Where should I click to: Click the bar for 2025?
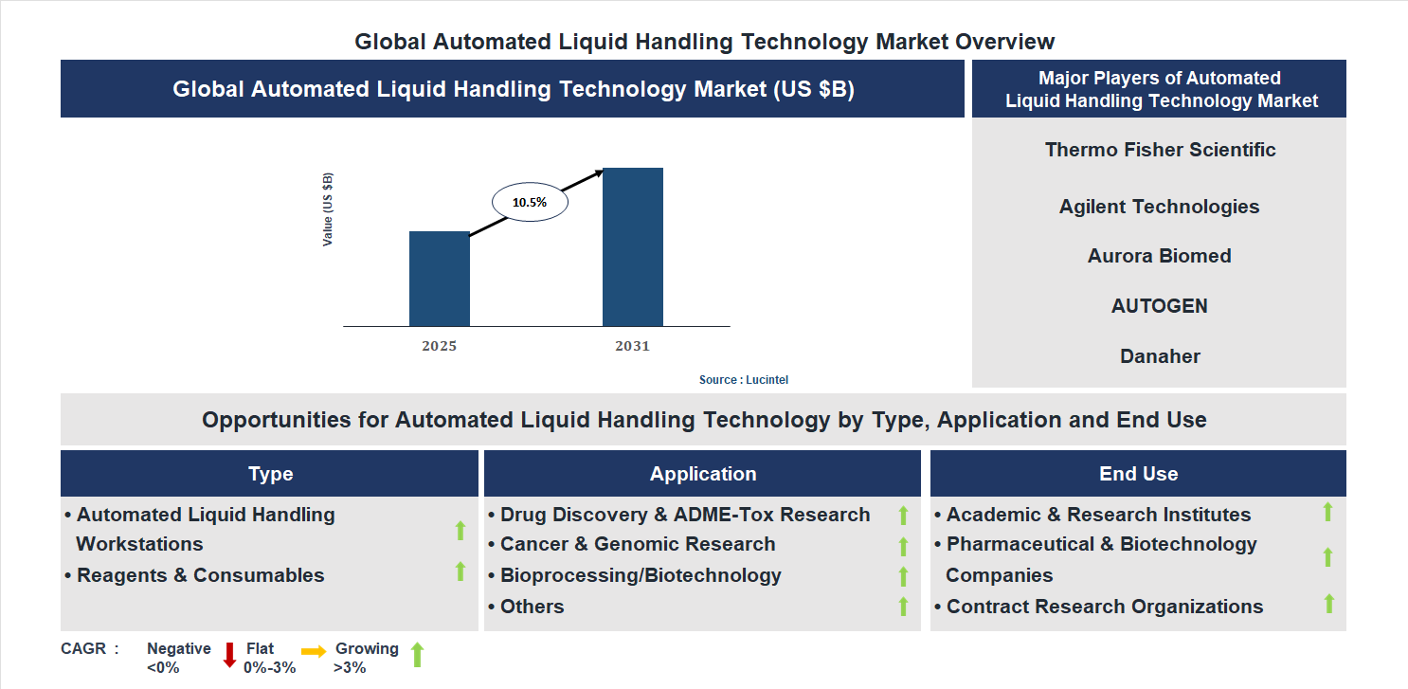point(439,279)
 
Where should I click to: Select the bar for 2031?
point(632,247)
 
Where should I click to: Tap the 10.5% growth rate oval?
point(529,202)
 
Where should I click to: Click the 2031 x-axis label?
point(632,346)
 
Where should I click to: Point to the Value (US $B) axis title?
point(328,209)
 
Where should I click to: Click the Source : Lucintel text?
point(743,379)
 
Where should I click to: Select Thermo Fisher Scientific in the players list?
point(1160,150)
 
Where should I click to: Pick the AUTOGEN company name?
point(1159,306)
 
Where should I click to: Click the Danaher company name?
point(1159,356)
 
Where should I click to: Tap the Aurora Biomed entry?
point(1159,256)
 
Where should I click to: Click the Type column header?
point(270,474)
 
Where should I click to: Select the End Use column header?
point(1138,474)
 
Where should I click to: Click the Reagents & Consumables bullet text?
point(200,575)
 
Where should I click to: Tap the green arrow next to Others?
point(903,607)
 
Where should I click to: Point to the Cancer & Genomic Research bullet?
point(637,544)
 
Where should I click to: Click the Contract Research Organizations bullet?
point(1104,607)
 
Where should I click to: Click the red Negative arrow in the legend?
point(229,655)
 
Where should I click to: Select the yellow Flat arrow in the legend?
point(313,651)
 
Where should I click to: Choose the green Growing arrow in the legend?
point(416,654)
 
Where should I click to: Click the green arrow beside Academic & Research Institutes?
point(1327,512)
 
